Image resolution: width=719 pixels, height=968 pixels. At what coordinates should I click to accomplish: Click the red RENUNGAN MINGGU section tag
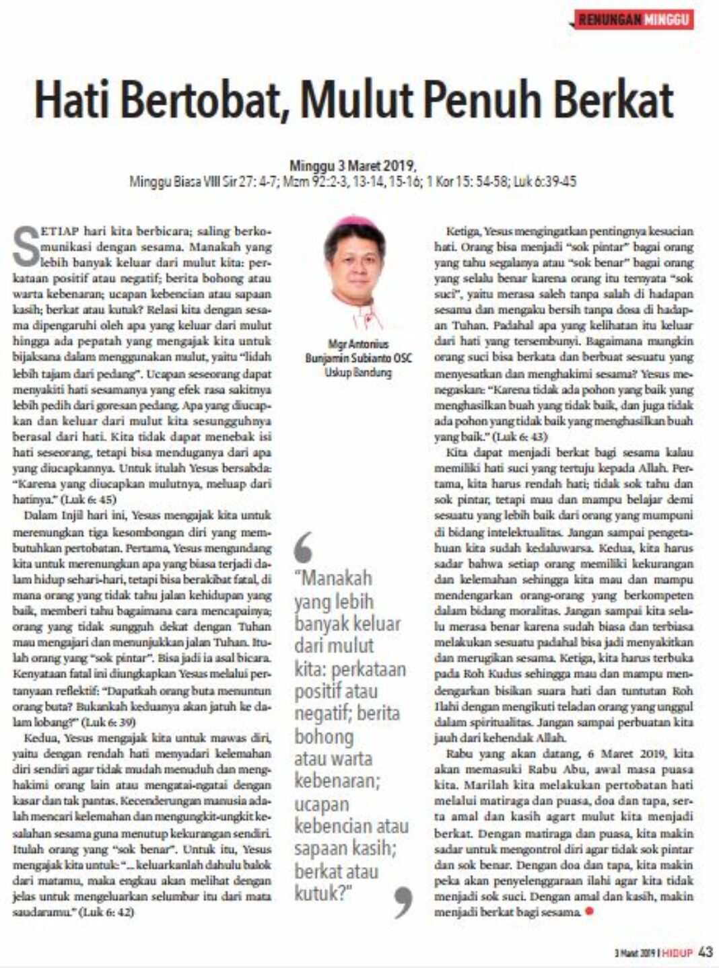[x=634, y=20]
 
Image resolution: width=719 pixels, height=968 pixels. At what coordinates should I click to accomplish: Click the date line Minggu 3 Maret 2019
[x=352, y=165]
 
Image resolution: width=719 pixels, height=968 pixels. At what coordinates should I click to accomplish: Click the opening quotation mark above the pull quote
[x=304, y=546]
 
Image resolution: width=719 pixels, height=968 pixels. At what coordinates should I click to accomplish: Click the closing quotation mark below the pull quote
[x=402, y=901]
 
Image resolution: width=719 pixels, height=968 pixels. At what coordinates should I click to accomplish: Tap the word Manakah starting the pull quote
[x=334, y=578]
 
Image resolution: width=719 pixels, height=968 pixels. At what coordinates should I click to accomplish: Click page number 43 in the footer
[x=706, y=952]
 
